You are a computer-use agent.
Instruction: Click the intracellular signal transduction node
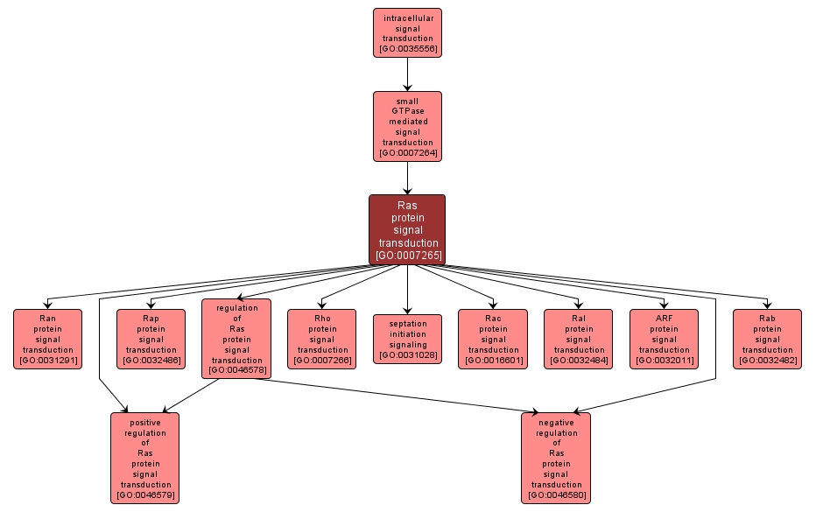pyautogui.click(x=407, y=33)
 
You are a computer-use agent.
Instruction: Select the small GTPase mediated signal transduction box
pyautogui.click(x=407, y=126)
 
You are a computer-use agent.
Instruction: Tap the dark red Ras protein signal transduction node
pyautogui.click(x=407, y=229)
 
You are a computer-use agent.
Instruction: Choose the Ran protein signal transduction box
pyautogui.click(x=47, y=339)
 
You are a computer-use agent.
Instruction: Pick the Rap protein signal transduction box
pyautogui.click(x=151, y=339)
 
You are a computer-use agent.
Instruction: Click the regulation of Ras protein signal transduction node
pyautogui.click(x=236, y=339)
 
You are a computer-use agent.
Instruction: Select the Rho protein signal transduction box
pyautogui.click(x=322, y=339)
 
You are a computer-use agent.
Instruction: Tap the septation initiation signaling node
pyautogui.click(x=407, y=339)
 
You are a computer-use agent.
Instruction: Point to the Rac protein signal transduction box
pyautogui.click(x=493, y=339)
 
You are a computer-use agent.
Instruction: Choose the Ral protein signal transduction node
pyautogui.click(x=578, y=339)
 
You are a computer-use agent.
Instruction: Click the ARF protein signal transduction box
pyautogui.click(x=664, y=339)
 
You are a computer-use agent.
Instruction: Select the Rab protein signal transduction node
pyautogui.click(x=767, y=339)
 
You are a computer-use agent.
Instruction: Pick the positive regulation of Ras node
pyautogui.click(x=145, y=458)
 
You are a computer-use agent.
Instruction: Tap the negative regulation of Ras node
pyautogui.click(x=556, y=458)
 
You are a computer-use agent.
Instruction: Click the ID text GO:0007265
pyautogui.click(x=408, y=256)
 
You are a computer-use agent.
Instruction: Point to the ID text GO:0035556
pyautogui.click(x=408, y=48)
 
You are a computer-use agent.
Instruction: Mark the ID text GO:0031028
pyautogui.click(x=408, y=355)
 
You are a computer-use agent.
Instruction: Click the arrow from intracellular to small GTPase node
pyautogui.click(x=407, y=74)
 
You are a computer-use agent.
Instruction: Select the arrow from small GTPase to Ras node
pyautogui.click(x=407, y=178)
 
